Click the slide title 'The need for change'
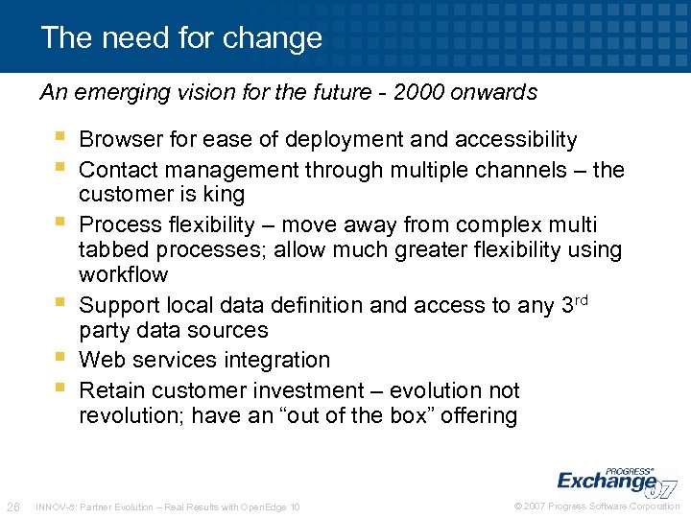[181, 38]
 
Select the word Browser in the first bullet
[120, 140]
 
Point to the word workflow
[123, 275]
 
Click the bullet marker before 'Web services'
[61, 359]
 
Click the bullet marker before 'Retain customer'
[61, 389]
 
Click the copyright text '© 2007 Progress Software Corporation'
[595, 506]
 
